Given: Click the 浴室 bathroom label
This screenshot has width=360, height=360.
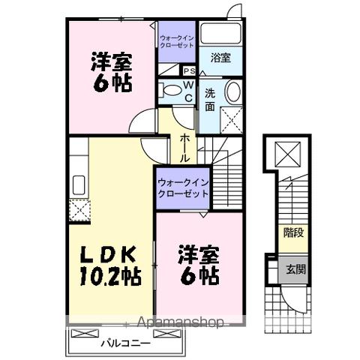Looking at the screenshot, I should [220, 58].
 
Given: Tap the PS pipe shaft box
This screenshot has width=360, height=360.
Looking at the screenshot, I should [190, 70].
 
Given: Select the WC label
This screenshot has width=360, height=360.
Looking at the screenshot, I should [189, 91].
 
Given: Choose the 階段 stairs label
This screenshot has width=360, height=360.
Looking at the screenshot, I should [294, 232].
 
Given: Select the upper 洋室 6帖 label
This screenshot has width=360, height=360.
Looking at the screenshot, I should [112, 71].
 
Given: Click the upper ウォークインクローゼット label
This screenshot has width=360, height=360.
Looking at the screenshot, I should [177, 39].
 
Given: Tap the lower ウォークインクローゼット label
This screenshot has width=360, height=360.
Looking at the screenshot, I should [182, 188].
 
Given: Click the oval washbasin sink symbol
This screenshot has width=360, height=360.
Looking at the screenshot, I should [232, 94].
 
